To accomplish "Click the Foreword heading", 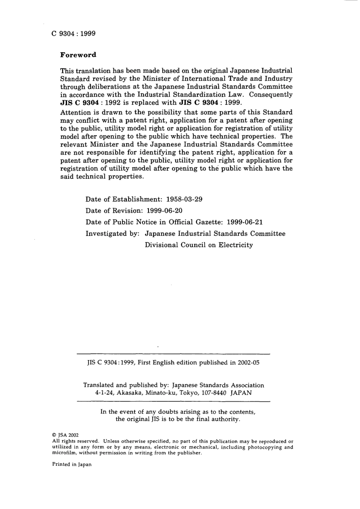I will (78, 55).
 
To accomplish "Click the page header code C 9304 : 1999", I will (74, 33).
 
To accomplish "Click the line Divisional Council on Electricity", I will (199, 245).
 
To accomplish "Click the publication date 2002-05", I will (249, 362).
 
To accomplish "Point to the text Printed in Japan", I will (72, 464).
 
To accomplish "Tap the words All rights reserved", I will (75, 441).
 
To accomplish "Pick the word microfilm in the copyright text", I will (64, 453).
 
